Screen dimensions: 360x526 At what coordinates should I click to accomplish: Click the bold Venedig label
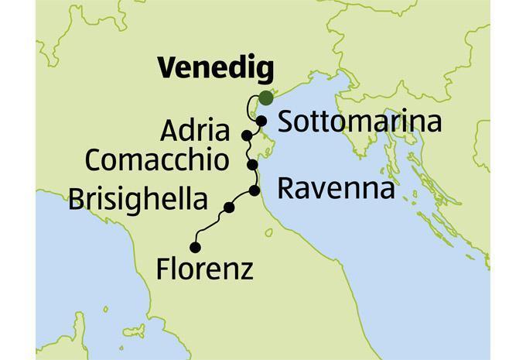[216, 70]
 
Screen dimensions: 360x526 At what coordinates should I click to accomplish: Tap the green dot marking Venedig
[265, 98]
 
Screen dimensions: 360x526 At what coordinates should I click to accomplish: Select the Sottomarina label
[359, 122]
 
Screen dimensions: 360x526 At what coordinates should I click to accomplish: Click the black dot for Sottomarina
[262, 121]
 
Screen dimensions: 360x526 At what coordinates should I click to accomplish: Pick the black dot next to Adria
[246, 135]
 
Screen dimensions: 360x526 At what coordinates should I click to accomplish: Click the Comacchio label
[157, 161]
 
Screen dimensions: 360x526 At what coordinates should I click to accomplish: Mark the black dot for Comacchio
[251, 165]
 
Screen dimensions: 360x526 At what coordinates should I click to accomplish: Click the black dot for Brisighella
[229, 207]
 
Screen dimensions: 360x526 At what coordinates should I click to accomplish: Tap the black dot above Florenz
[194, 247]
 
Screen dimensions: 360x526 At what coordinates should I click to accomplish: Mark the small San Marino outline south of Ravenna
[268, 231]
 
